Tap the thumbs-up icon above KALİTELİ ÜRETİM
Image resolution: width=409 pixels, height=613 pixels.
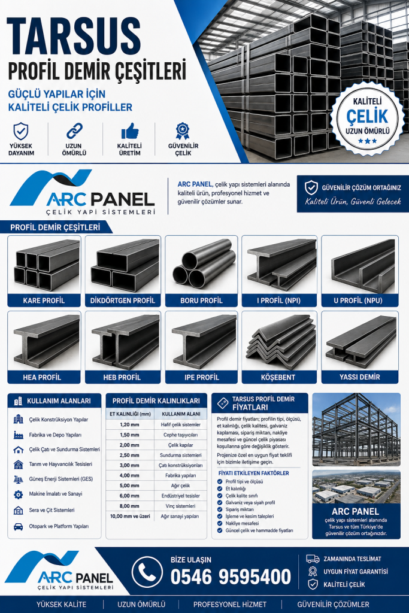tap(130, 131)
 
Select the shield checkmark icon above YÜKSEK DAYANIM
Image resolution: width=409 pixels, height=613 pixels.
tap(21, 131)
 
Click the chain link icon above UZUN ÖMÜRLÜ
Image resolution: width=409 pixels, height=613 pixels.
tap(74, 131)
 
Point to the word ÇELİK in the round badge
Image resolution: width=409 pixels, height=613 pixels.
tap(366, 116)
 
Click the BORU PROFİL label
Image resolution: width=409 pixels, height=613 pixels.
tap(201, 301)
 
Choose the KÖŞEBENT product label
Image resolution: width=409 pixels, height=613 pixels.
tap(278, 377)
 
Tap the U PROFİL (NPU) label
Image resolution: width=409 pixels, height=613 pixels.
tap(358, 301)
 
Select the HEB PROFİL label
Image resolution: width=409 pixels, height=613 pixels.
tap(122, 377)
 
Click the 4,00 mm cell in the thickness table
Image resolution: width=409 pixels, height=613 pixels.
tap(129, 475)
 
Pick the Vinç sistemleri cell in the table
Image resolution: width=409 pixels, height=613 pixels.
tap(180, 506)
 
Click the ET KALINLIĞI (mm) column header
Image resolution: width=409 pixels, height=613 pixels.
tap(130, 414)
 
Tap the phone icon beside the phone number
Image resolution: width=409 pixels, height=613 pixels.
tap(147, 572)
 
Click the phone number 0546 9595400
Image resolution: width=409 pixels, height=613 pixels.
tap(231, 577)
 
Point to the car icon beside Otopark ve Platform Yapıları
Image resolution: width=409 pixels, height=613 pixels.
tap(19, 527)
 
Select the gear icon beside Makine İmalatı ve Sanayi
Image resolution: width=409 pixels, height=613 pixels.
tap(19, 494)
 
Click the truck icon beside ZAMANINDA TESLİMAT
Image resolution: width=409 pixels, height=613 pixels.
tap(313, 559)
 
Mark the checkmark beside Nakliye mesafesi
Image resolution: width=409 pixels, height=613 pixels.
tap(220, 523)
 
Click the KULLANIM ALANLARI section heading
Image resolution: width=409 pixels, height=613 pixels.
tap(59, 401)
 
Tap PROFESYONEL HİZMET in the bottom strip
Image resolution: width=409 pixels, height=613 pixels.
tap(230, 605)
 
